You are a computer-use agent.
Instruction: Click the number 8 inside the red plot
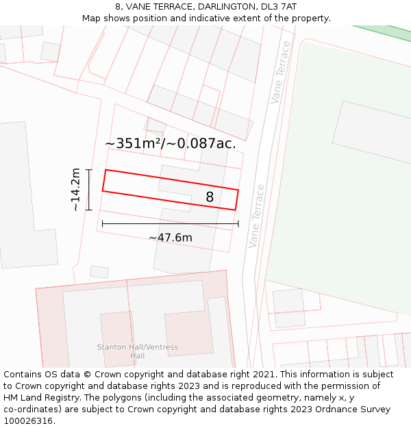(x=210, y=197)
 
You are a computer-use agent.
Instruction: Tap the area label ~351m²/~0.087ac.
(x=170, y=143)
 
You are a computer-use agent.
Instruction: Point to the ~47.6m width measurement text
(x=170, y=238)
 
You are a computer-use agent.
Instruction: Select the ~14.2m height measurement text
(x=75, y=190)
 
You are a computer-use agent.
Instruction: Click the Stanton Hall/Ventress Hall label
(x=137, y=351)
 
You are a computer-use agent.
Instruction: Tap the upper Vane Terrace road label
(x=280, y=72)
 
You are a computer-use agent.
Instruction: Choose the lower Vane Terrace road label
(x=256, y=216)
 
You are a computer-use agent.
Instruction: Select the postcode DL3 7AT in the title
(x=278, y=6)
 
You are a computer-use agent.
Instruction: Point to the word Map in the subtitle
(x=92, y=18)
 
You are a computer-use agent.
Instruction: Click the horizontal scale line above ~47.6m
(x=170, y=223)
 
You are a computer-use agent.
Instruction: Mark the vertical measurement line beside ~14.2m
(x=88, y=190)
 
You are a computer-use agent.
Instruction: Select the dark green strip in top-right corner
(x=388, y=32)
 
